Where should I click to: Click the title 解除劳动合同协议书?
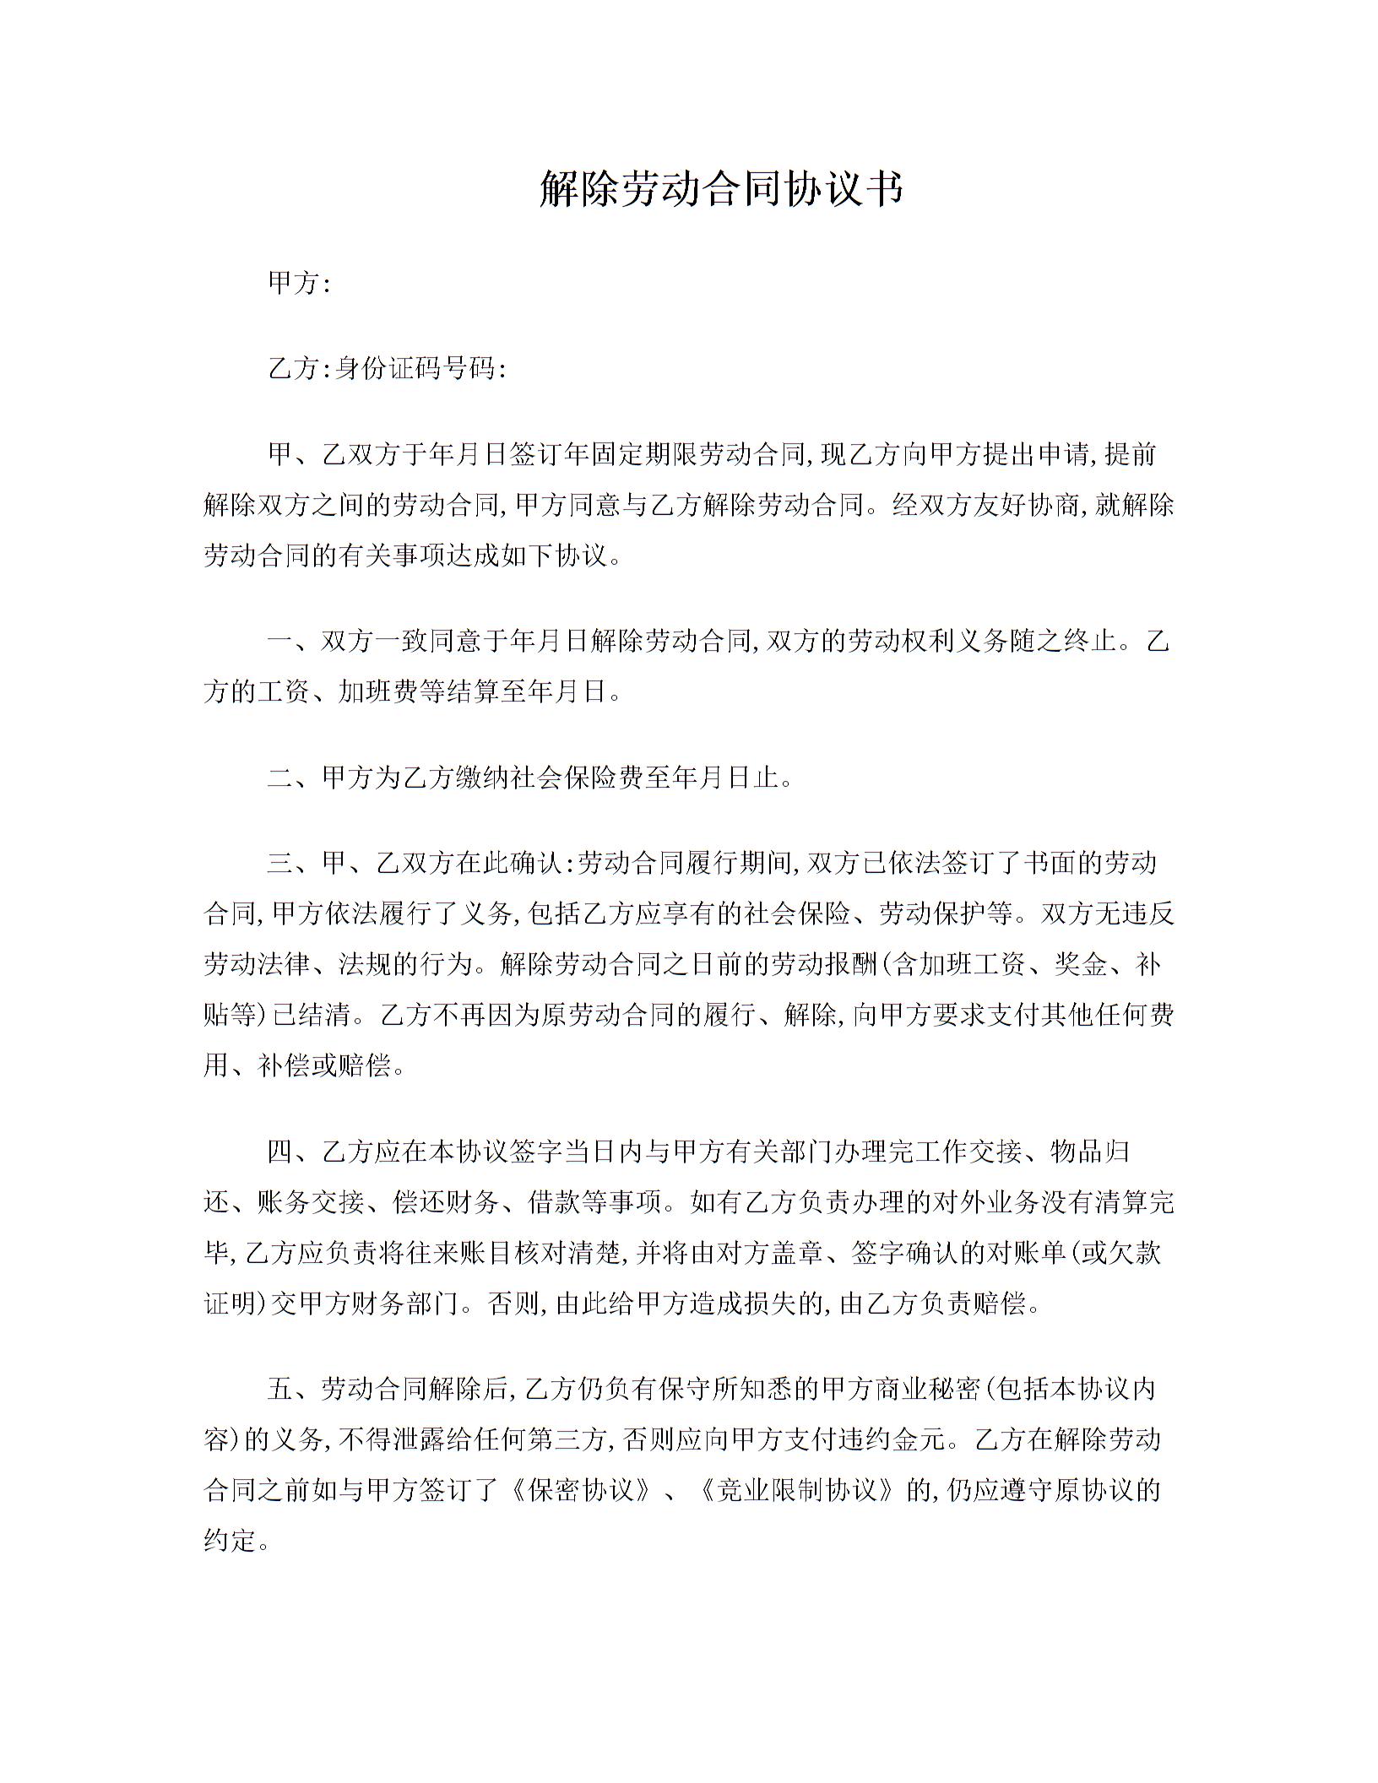[720, 188]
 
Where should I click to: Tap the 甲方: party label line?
[298, 284]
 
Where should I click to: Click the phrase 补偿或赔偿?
[324, 1065]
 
